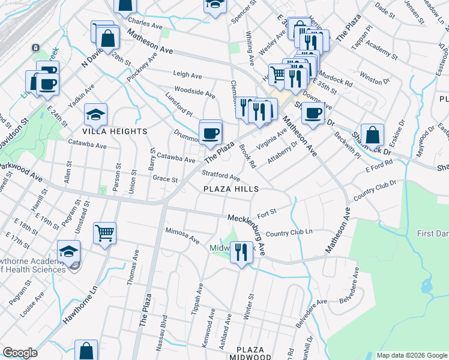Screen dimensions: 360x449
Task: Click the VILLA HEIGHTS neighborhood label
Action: [x=116, y=131]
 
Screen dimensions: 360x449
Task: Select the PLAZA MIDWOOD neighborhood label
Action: [x=250, y=353]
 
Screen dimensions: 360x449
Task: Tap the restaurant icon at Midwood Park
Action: [x=241, y=251]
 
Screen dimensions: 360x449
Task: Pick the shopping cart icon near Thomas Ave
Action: [x=104, y=232]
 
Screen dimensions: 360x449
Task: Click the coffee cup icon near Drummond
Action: [x=210, y=133]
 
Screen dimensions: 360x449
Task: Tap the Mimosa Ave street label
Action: [x=182, y=235]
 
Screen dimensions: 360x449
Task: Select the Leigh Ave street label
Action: [x=187, y=75]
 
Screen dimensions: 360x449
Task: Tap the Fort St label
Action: [x=266, y=211]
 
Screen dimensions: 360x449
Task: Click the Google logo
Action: [x=20, y=353]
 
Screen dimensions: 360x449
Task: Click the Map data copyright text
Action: [x=411, y=355]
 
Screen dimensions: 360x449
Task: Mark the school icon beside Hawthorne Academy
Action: [x=69, y=251]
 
